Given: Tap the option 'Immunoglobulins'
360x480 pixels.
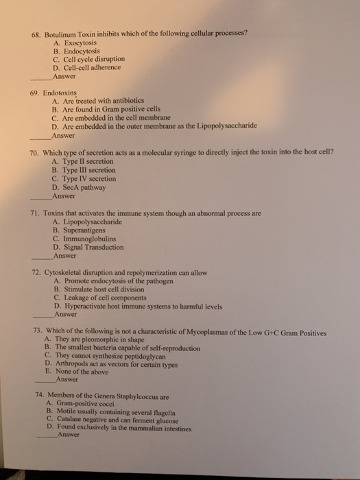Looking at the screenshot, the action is [89, 239].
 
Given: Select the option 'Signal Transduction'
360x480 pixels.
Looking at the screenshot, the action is [93, 248].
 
